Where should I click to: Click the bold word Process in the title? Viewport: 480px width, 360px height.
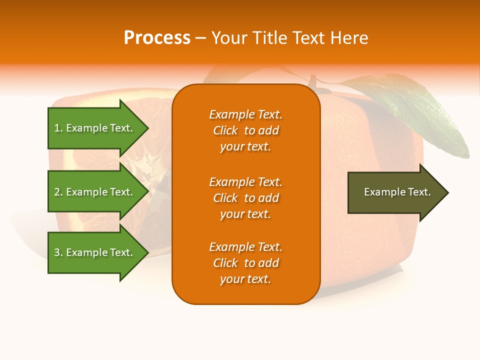(157, 37)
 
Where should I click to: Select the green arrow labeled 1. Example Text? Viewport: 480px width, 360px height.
(95, 128)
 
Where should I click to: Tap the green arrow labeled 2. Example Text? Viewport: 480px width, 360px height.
(95, 192)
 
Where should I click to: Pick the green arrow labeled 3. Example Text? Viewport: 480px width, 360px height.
(95, 252)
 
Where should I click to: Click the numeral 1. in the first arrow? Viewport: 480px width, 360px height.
(58, 128)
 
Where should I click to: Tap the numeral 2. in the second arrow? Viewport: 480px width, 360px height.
(58, 192)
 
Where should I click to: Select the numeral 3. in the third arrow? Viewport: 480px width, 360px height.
(58, 253)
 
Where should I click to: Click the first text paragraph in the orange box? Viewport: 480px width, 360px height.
(245, 130)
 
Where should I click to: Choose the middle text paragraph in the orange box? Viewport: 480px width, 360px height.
(245, 198)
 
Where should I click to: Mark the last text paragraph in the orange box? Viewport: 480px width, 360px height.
(245, 263)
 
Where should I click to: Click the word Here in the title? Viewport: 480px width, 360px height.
(350, 37)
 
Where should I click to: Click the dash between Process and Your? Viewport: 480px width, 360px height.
(200, 38)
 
